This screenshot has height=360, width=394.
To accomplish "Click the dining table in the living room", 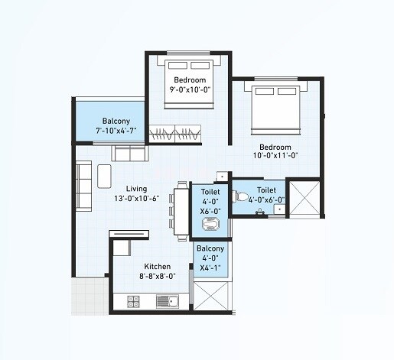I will click(180, 207).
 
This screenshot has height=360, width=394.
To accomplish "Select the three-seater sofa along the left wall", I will click(84, 186).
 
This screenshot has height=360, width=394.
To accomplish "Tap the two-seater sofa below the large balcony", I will click(129, 153).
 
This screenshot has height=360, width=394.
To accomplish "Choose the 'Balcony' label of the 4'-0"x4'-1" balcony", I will click(210, 249).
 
